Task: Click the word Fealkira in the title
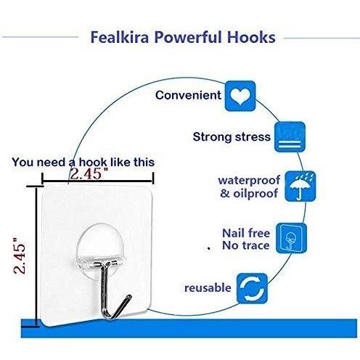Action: [x=120, y=38]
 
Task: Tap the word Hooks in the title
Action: [x=251, y=38]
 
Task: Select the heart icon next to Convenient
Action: [x=240, y=96]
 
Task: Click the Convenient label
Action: [x=188, y=95]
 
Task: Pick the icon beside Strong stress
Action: [x=290, y=137]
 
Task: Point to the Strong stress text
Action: [x=232, y=137]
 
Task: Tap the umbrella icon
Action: [x=300, y=187]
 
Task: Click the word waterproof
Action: [x=249, y=181]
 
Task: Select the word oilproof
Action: [x=255, y=194]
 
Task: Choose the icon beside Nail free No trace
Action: [x=291, y=238]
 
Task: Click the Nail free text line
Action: [x=246, y=233]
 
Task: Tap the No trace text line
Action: [x=246, y=245]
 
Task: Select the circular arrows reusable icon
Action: [x=252, y=288]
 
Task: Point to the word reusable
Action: [x=208, y=288]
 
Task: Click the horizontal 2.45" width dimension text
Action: [x=89, y=173]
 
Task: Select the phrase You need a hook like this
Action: [x=83, y=162]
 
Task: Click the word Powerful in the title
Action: [x=188, y=38]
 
